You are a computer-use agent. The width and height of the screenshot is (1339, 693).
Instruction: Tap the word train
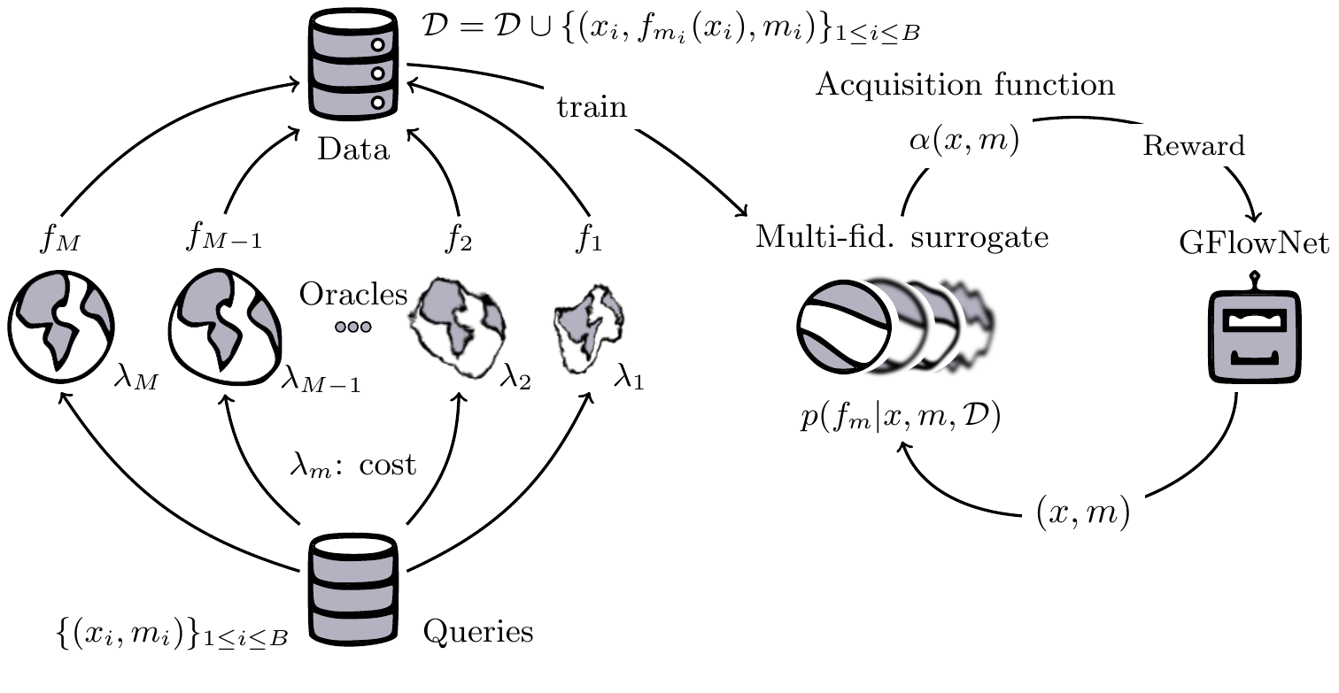[x=592, y=108]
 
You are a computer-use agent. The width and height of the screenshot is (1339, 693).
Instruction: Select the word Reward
[x=1193, y=146]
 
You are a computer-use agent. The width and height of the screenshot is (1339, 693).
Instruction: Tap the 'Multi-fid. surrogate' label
[x=902, y=238]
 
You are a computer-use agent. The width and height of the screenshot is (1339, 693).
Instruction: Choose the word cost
[x=388, y=465]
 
